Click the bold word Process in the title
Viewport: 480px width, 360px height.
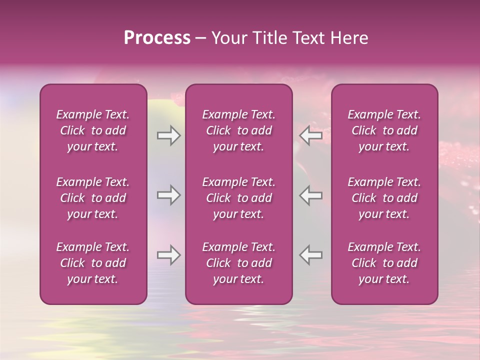pyautogui.click(x=157, y=38)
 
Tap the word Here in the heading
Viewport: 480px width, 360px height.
pyautogui.click(x=349, y=38)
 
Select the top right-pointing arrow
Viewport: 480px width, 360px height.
pyautogui.click(x=168, y=135)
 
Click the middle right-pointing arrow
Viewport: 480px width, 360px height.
pyautogui.click(x=168, y=195)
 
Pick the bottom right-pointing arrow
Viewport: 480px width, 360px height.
pyautogui.click(x=168, y=255)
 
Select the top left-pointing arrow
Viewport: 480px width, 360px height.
pyautogui.click(x=311, y=135)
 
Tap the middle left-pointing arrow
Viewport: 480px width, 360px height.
pyautogui.click(x=311, y=195)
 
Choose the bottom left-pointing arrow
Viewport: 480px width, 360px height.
pyautogui.click(x=311, y=255)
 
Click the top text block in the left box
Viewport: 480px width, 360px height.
pyautogui.click(x=93, y=130)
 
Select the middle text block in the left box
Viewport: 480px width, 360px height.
pyautogui.click(x=93, y=198)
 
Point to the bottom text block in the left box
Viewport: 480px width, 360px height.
pyautogui.click(x=93, y=263)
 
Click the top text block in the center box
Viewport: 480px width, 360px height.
pyautogui.click(x=239, y=130)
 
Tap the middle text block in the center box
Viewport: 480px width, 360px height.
pyautogui.click(x=239, y=198)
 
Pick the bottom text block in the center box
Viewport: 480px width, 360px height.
pyautogui.click(x=239, y=263)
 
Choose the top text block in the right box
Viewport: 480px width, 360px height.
pyautogui.click(x=384, y=130)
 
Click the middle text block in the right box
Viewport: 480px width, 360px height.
pyautogui.click(x=384, y=198)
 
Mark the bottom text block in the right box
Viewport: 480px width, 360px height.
pyautogui.click(x=384, y=263)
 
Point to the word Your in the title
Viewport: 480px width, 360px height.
pyautogui.click(x=228, y=38)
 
